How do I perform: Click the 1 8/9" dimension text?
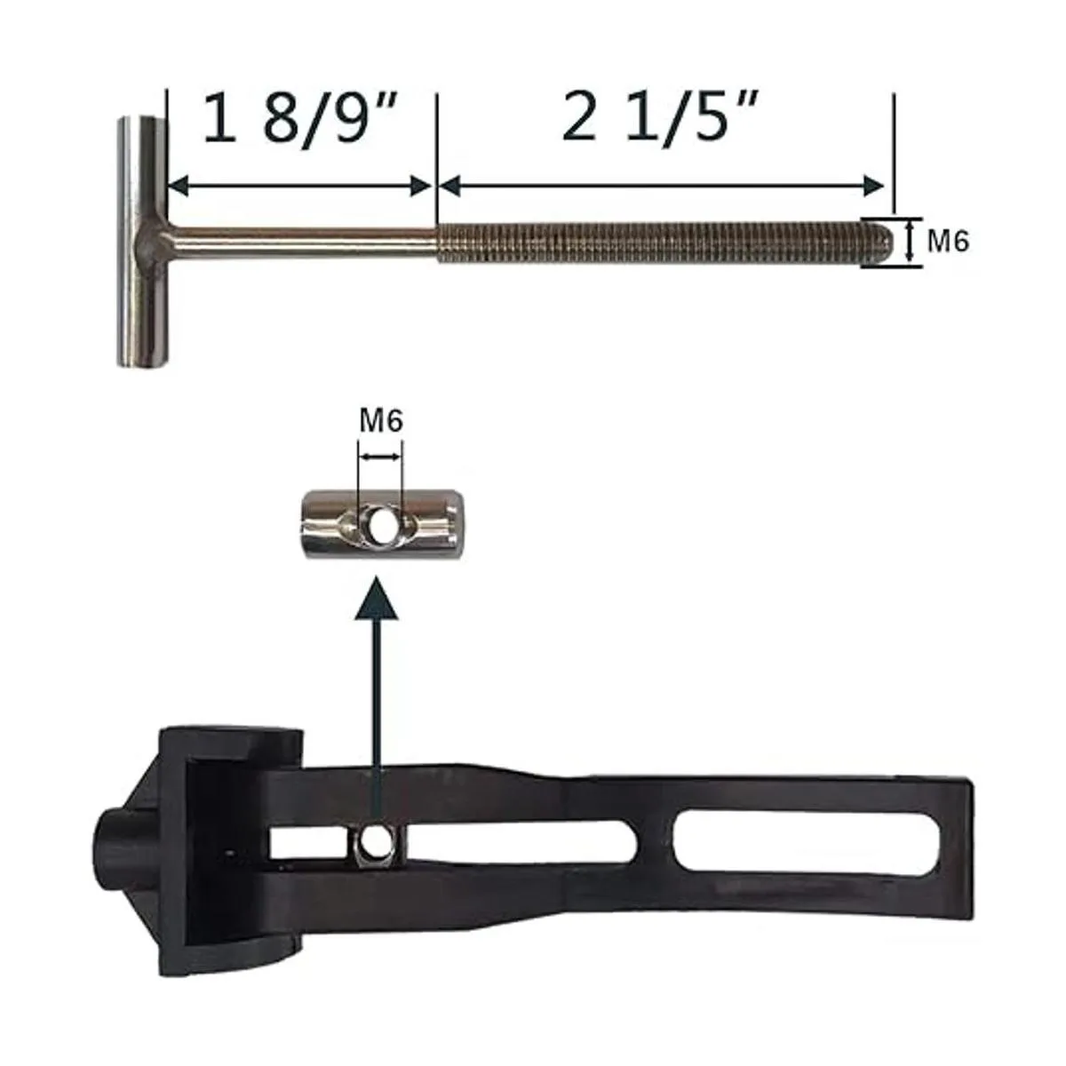click(301, 119)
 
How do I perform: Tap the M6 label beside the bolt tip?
click(948, 242)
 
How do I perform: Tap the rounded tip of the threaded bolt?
click(885, 243)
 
